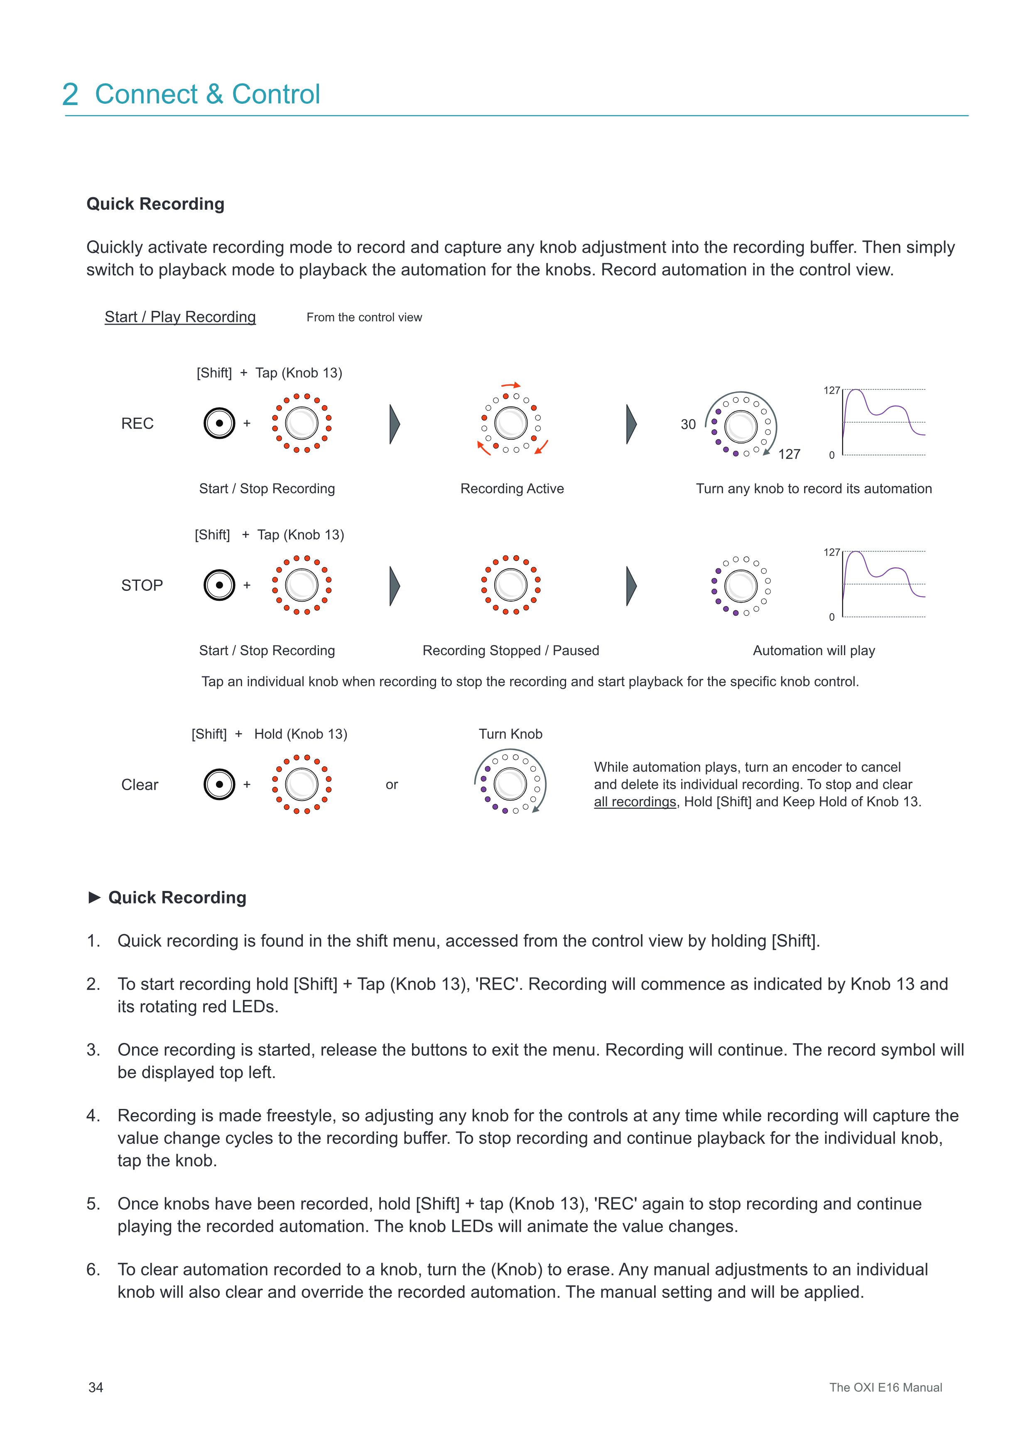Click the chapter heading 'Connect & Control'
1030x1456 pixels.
[x=207, y=95]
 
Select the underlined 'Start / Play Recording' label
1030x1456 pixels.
[x=180, y=317]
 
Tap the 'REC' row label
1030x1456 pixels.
[x=137, y=423]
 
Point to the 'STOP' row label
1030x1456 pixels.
[x=142, y=585]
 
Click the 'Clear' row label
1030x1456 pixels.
[x=140, y=785]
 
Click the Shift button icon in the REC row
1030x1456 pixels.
[x=219, y=423]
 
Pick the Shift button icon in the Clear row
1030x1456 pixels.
[x=219, y=784]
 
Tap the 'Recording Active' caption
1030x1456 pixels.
[x=512, y=489]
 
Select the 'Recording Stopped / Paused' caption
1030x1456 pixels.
[x=510, y=651]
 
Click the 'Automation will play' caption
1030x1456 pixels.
[x=814, y=651]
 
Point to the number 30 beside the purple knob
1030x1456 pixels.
[x=688, y=424]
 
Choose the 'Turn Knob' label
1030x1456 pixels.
[x=510, y=734]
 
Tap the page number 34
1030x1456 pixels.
[x=96, y=1387]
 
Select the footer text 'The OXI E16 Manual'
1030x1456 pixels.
[x=885, y=1387]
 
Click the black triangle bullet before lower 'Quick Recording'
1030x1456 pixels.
[x=95, y=897]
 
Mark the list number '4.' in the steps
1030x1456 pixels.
[x=93, y=1116]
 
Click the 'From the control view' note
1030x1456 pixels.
[x=364, y=318]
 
